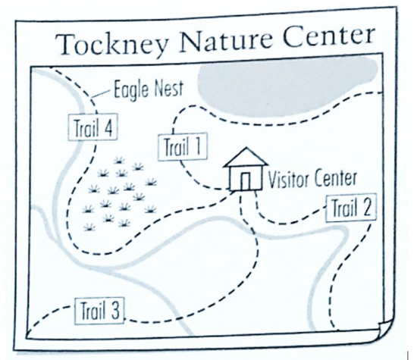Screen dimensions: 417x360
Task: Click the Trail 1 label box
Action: [x=183, y=147]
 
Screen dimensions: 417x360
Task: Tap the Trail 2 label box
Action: [x=351, y=208]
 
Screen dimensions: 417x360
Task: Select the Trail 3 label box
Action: [x=99, y=311]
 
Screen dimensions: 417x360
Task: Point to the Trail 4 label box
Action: [x=92, y=127]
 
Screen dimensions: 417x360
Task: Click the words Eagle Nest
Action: [x=149, y=89]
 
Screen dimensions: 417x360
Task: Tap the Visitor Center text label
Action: [x=312, y=178]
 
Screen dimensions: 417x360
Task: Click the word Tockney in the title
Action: [x=112, y=44]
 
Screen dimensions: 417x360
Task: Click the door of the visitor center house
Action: [x=246, y=181]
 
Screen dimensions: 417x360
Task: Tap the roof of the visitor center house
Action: [x=246, y=158]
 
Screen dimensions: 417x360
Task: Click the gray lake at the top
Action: [x=287, y=86]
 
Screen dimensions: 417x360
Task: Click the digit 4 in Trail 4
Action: [x=108, y=127]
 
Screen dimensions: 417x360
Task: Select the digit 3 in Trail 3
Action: [x=115, y=311]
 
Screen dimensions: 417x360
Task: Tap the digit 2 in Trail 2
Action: [x=367, y=208]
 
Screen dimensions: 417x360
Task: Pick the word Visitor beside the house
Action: [x=290, y=179]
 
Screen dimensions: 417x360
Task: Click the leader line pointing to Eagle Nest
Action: [x=102, y=93]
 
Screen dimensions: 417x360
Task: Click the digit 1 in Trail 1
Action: [x=198, y=146]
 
